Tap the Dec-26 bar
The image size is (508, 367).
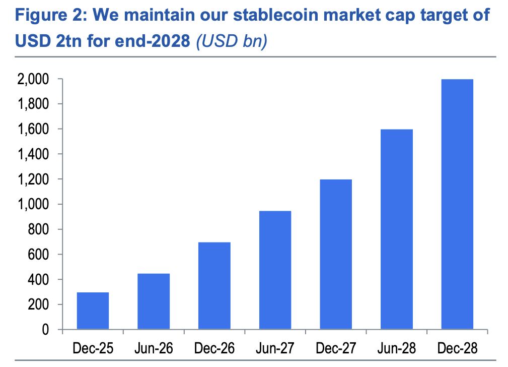214,286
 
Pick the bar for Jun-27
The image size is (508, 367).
275,270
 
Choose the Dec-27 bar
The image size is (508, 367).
336,255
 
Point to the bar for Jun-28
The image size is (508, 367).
397,229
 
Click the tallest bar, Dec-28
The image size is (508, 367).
457,204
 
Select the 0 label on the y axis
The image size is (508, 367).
45,330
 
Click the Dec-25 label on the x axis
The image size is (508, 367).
93,348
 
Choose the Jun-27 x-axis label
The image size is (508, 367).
275,348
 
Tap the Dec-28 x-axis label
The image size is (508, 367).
457,348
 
